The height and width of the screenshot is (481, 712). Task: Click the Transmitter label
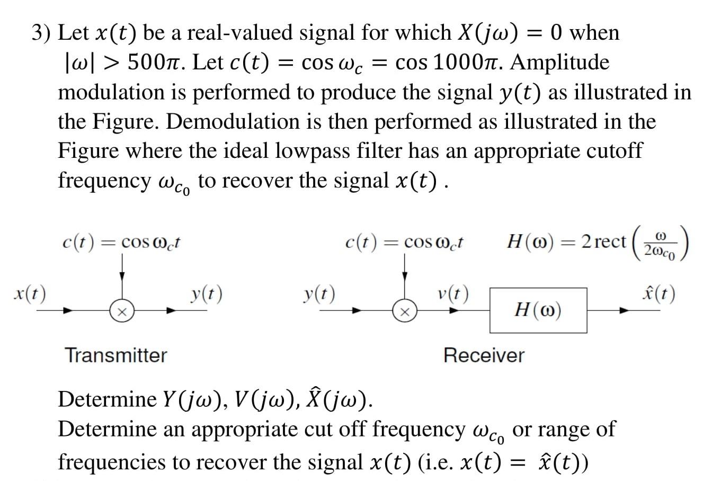tap(115, 355)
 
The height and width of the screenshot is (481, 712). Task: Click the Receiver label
tap(484, 355)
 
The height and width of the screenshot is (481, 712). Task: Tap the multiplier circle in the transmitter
tap(121, 311)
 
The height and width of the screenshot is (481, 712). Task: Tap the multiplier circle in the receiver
tap(404, 311)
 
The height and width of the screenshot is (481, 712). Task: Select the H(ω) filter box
tap(538, 310)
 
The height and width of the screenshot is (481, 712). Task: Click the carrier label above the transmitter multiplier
tap(122, 243)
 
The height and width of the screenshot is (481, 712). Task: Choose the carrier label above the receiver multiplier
tap(404, 243)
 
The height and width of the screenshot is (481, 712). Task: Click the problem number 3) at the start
tap(41, 33)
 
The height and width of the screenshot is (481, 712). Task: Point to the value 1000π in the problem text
tap(468, 63)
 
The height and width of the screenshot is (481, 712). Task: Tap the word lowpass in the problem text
tap(312, 152)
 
